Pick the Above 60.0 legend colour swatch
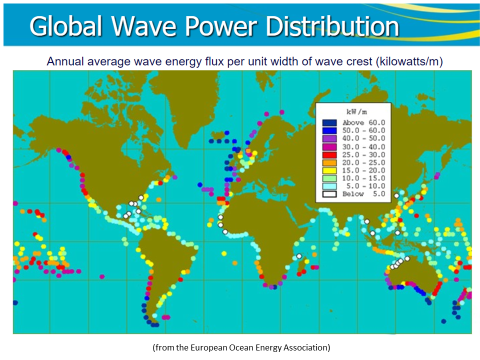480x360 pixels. click(329, 122)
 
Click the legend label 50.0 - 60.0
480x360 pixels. click(364, 130)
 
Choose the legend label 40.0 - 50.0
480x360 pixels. click(364, 138)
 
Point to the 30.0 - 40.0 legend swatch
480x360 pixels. click(329, 146)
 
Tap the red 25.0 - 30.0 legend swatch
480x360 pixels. click(329, 154)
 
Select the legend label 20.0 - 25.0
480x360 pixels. click(364, 162)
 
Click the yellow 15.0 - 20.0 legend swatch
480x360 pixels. click(329, 170)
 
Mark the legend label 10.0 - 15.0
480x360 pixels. click(364, 178)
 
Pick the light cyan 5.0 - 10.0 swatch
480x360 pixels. click(329, 186)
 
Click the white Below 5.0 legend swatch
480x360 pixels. click(329, 194)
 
